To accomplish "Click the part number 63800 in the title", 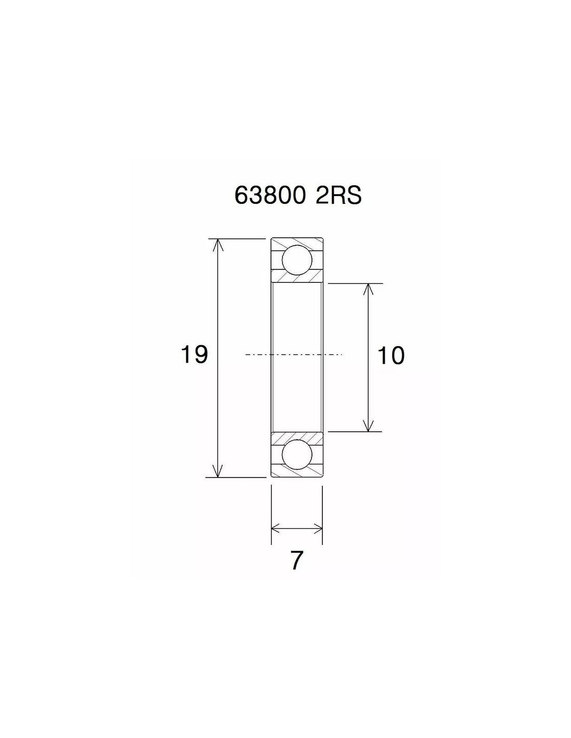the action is [268, 196].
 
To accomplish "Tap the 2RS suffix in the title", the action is [338, 196].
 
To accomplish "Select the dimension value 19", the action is [194, 354].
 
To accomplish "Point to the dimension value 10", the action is [391, 356].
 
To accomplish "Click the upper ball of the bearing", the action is [297, 260].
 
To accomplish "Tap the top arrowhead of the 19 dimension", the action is [217, 245].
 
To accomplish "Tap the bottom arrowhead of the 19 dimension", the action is [217, 471].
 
